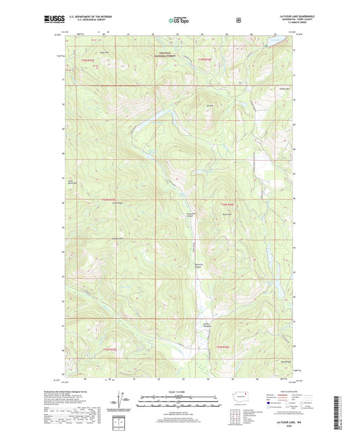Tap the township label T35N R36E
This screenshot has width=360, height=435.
[x=205, y=60]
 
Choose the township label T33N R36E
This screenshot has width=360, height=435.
[x=224, y=348]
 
